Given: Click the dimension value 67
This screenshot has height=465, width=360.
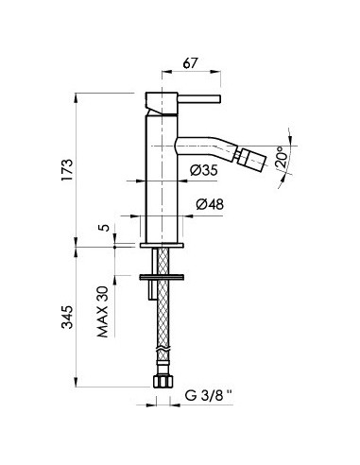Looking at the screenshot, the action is click(x=191, y=63).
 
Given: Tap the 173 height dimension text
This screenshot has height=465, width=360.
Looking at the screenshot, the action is click(x=67, y=170).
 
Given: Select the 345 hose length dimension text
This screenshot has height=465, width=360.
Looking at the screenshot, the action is click(x=67, y=317).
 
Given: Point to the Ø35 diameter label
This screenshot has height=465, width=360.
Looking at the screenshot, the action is click(x=204, y=171).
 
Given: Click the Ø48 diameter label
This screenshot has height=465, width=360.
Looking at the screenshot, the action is click(x=210, y=204).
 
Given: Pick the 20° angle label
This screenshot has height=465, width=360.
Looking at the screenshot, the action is click(x=282, y=157).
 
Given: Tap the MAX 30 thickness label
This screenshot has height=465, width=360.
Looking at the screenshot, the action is click(x=103, y=312).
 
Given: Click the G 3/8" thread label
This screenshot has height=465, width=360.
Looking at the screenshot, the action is click(x=208, y=395).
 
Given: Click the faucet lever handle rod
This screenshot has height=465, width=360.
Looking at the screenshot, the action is click(x=199, y=98).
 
